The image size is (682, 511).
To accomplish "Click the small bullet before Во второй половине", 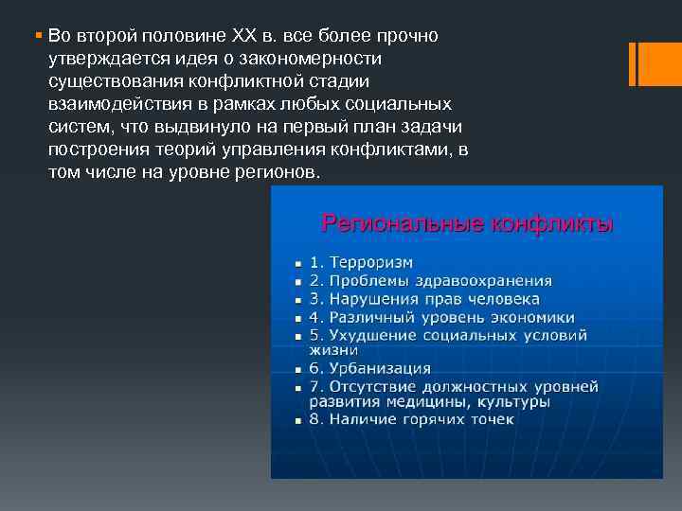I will [37, 35].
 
